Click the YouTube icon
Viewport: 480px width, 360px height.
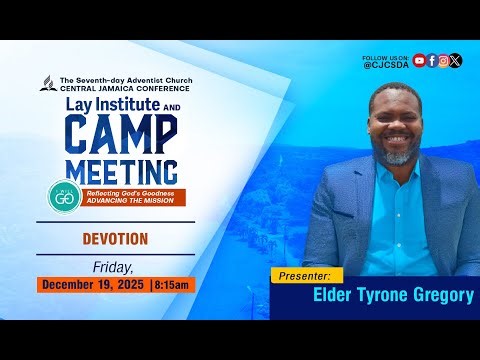[419, 60]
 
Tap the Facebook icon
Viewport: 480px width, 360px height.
[432, 60]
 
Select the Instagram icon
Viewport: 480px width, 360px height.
[444, 60]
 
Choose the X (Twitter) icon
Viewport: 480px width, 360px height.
[456, 60]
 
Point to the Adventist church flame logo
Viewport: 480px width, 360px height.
[46, 83]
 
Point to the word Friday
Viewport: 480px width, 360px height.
[113, 266]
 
